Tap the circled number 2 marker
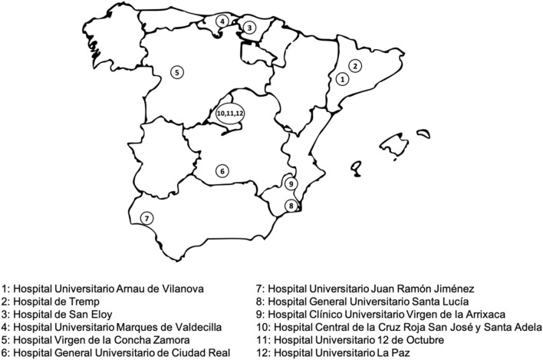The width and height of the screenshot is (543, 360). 355,65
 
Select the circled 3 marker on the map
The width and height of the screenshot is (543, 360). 249,27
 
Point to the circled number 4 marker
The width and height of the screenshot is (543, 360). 222,21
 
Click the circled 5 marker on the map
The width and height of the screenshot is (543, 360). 177,72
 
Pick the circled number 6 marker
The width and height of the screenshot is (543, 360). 222,171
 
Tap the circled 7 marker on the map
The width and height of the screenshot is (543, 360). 146,219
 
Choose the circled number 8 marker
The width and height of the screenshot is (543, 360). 291,205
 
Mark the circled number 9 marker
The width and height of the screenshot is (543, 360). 291,184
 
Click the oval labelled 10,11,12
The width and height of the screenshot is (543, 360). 230,113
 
